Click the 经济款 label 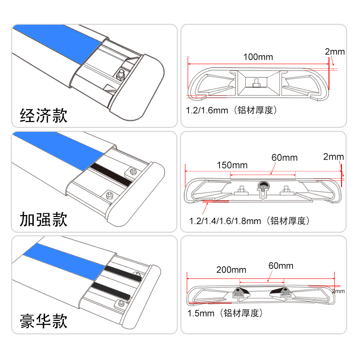click(44, 116)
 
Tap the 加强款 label click(44, 219)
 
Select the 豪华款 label click(44, 321)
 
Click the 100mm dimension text click(258, 57)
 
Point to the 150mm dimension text click(232, 165)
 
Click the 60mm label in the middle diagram click(284, 157)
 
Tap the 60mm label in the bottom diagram click(280, 265)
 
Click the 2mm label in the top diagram click(335, 52)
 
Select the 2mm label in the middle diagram click(333, 157)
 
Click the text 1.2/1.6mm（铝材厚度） click(230, 110)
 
